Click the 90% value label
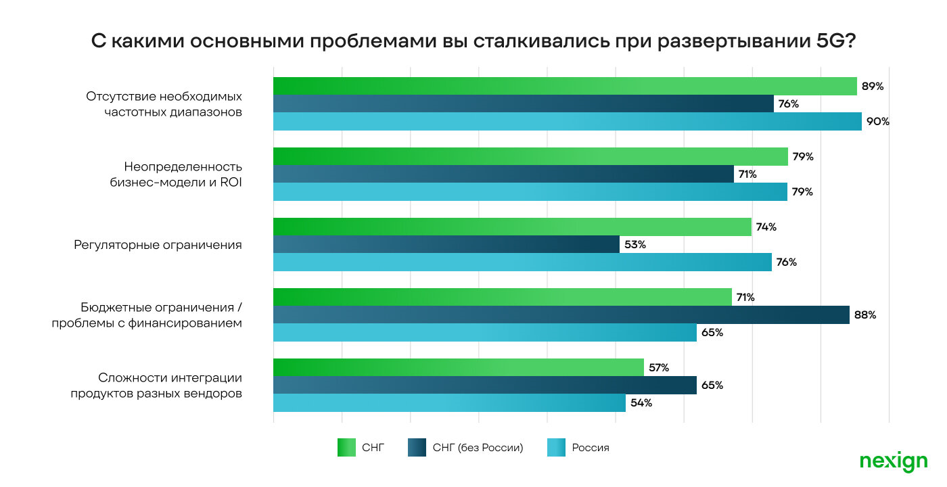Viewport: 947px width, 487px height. [879, 122]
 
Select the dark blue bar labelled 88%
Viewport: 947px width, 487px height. [561, 315]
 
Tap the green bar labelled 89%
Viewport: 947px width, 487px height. [565, 86]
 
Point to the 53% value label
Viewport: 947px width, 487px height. [635, 244]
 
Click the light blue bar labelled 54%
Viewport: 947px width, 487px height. [449, 402]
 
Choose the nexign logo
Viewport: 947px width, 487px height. [893, 461]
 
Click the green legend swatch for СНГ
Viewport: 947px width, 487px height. [346, 448]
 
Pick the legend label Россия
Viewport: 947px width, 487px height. [591, 448]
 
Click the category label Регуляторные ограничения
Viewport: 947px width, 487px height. [158, 244]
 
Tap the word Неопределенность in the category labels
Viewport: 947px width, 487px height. [183, 166]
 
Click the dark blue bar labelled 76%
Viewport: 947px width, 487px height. [523, 103]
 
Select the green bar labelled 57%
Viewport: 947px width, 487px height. [458, 367]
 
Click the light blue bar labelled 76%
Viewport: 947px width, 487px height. [522, 262]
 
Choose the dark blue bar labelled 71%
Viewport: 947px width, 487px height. [503, 174]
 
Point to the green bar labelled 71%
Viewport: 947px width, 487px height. [502, 297]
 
